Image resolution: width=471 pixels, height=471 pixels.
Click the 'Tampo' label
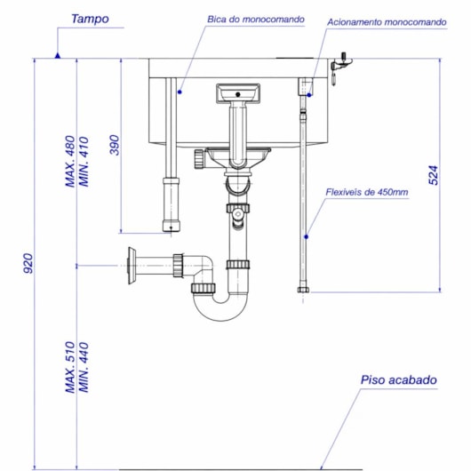pos(90,18)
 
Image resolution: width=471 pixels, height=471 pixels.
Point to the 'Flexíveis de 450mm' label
pos(367,192)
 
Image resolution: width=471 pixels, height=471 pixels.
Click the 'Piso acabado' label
pos(399,380)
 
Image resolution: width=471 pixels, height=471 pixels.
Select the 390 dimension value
pos(115,145)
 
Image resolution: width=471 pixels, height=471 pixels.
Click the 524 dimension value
pos(434,174)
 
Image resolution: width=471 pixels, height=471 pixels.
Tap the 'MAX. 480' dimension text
pos(70,162)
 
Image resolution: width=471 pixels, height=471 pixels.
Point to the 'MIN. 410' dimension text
pos(85,162)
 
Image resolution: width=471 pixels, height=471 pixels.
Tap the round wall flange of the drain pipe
pos(132,265)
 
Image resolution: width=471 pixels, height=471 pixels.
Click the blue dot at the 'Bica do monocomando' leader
pos(179,91)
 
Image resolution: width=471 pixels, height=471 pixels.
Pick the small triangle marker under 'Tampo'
pos(57,55)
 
